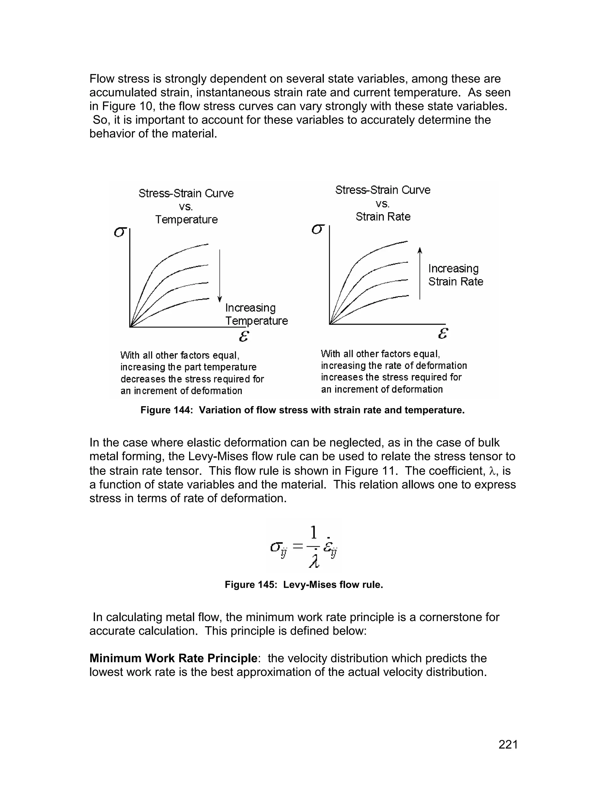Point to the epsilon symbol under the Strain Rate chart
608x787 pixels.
[443, 333]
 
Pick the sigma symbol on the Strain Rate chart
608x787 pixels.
[318, 229]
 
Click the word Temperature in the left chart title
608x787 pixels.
[186, 219]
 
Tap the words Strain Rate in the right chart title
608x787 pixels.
[383, 216]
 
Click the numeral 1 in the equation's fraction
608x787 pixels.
[314, 532]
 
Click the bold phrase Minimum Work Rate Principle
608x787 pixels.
[173, 658]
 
